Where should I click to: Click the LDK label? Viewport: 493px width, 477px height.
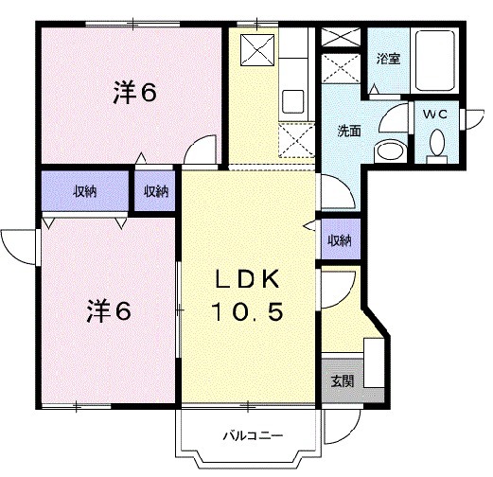coord(244,281)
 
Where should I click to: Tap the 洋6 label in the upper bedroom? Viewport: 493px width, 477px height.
coord(135,93)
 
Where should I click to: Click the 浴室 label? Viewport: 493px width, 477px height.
coord(388,59)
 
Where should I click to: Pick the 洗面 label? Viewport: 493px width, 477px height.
coord(350,132)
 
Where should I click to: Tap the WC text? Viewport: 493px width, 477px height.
coord(435,114)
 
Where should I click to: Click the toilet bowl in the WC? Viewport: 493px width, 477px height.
coord(436,144)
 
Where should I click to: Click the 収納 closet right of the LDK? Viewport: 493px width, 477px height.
coord(339,240)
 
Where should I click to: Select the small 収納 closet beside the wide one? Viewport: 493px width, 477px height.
coord(155,191)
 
